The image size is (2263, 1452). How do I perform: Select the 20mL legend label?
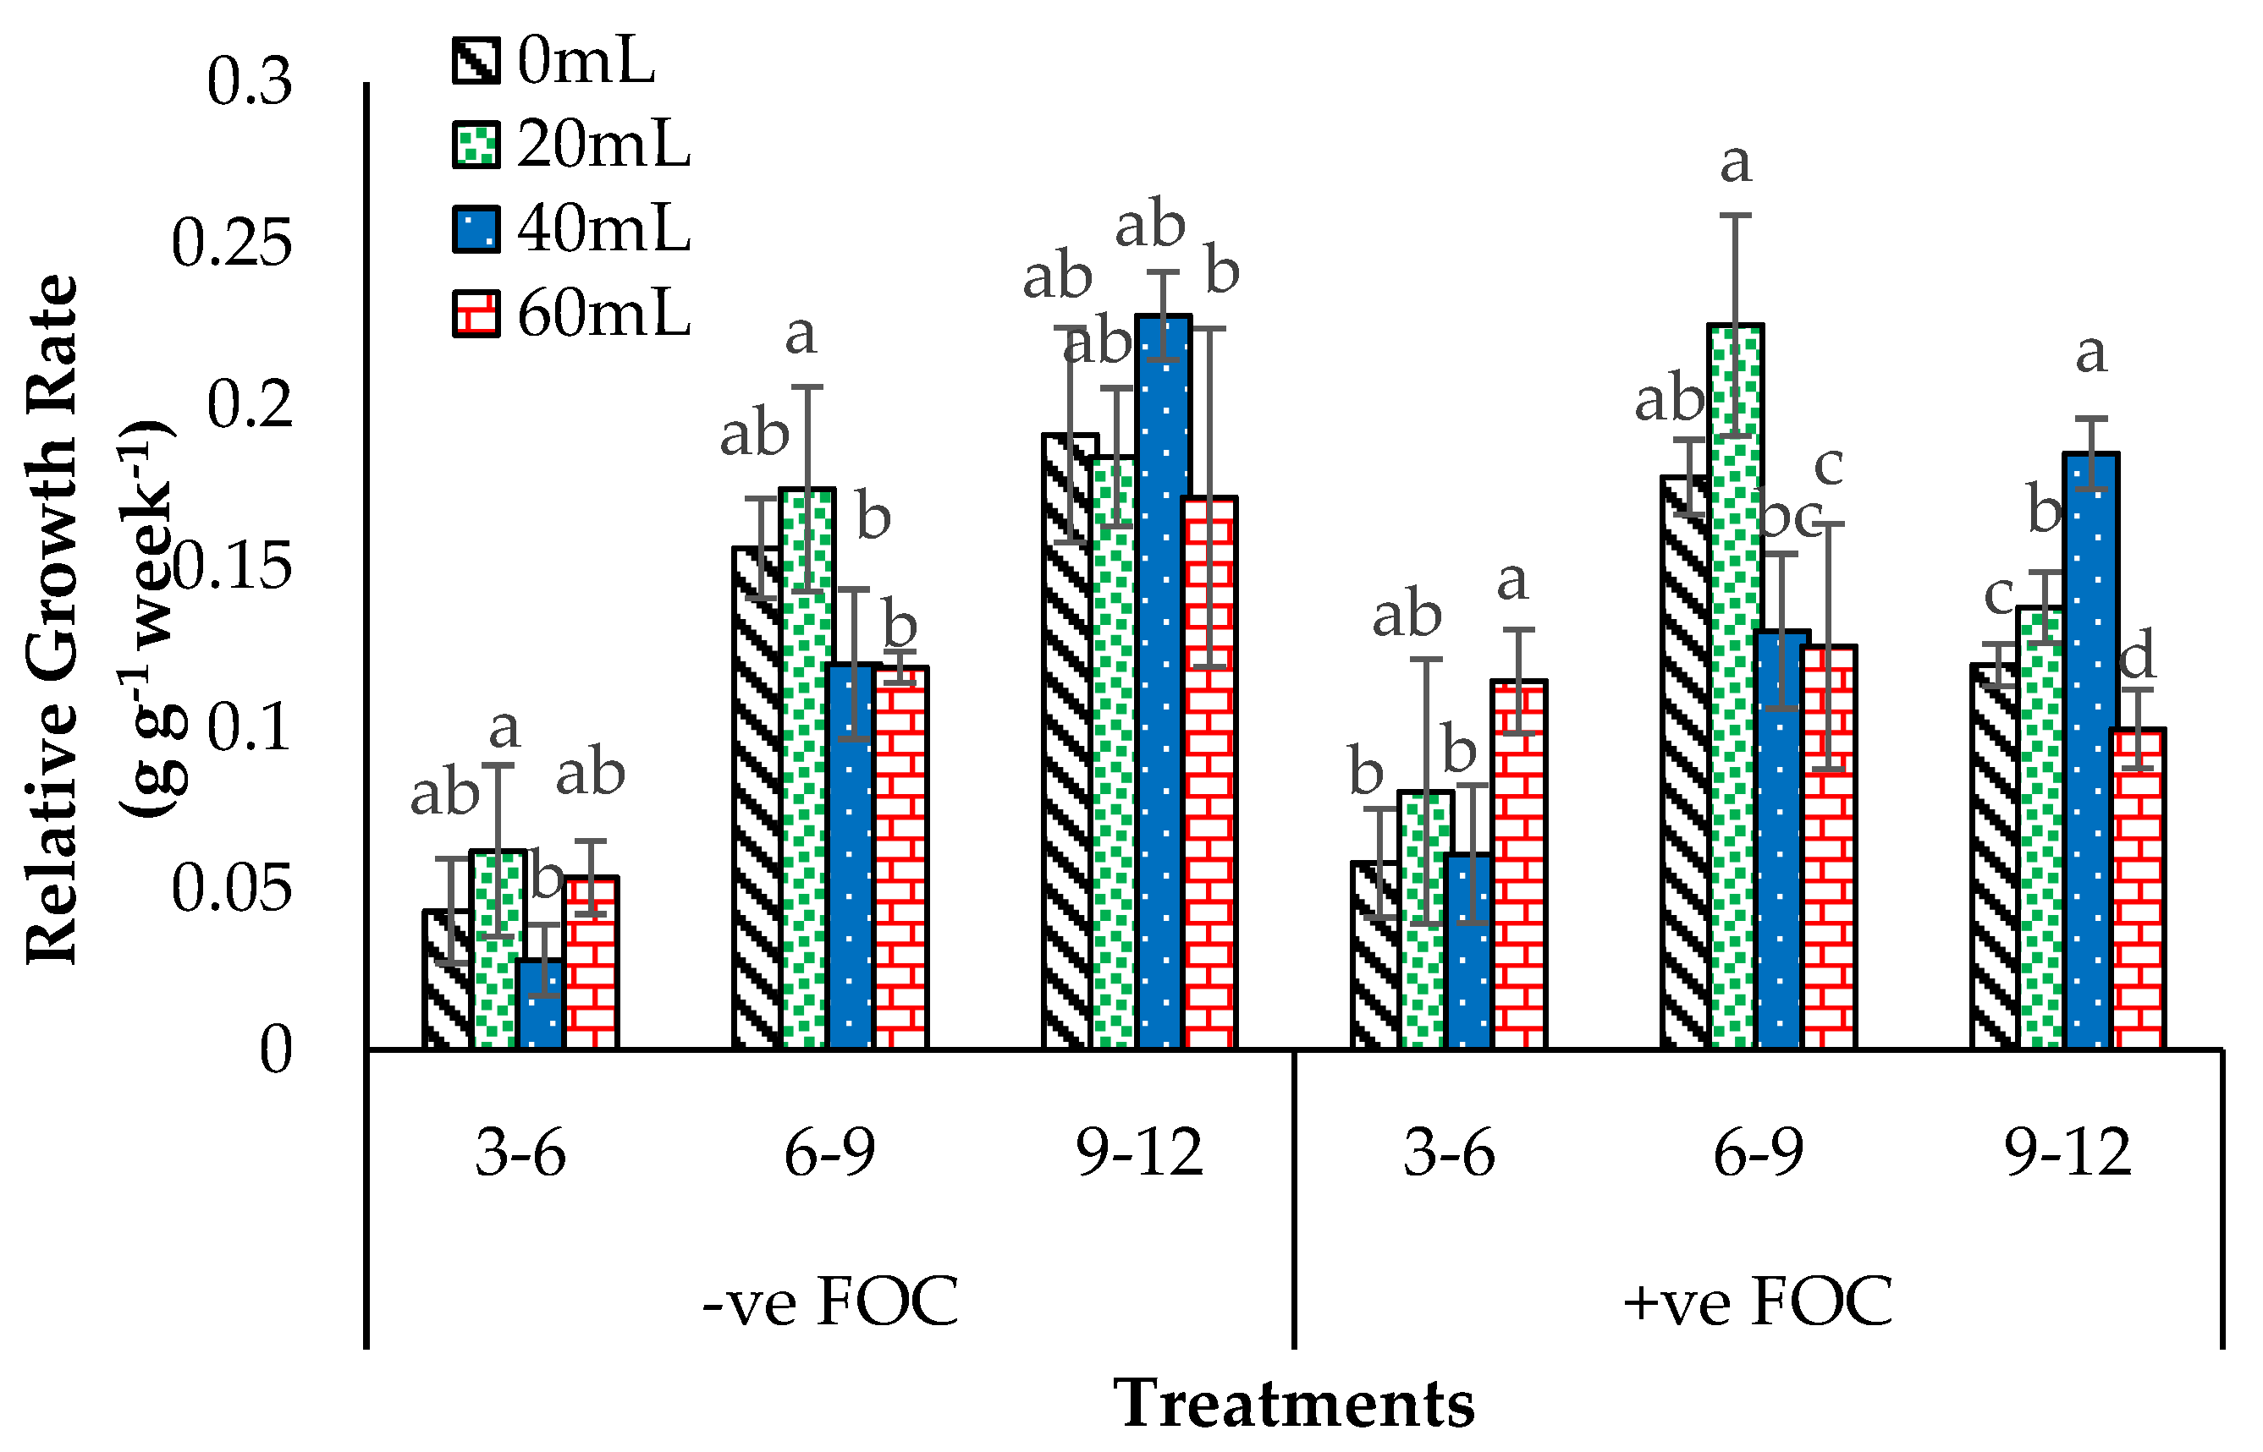pyautogui.click(x=603, y=145)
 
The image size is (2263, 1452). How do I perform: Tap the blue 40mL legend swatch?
pyautogui.click(x=476, y=229)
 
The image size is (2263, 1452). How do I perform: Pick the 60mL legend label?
pyautogui.click(x=603, y=313)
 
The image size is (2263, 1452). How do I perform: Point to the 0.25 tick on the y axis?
pyautogui.click(x=232, y=244)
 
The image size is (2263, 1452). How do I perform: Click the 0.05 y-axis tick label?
pyautogui.click(x=232, y=887)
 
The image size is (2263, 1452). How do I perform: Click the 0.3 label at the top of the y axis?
pyautogui.click(x=250, y=81)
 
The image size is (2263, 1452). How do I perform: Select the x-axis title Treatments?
pyautogui.click(x=1294, y=1404)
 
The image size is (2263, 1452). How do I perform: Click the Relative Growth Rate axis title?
pyautogui.click(x=52, y=620)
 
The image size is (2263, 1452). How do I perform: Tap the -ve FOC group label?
pyautogui.click(x=831, y=1301)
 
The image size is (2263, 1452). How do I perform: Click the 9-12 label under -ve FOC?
pyautogui.click(x=1139, y=1152)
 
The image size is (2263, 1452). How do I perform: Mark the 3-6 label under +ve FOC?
pyautogui.click(x=1449, y=1152)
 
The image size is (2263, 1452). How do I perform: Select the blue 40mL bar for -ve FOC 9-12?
pyautogui.click(x=1163, y=682)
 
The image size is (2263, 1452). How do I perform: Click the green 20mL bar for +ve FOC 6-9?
pyautogui.click(x=1736, y=687)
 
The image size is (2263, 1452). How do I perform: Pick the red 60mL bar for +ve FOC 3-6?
pyautogui.click(x=1519, y=864)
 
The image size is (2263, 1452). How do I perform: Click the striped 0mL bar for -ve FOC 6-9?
pyautogui.click(x=758, y=797)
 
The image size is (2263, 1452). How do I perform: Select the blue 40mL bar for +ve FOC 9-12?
pyautogui.click(x=2091, y=750)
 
